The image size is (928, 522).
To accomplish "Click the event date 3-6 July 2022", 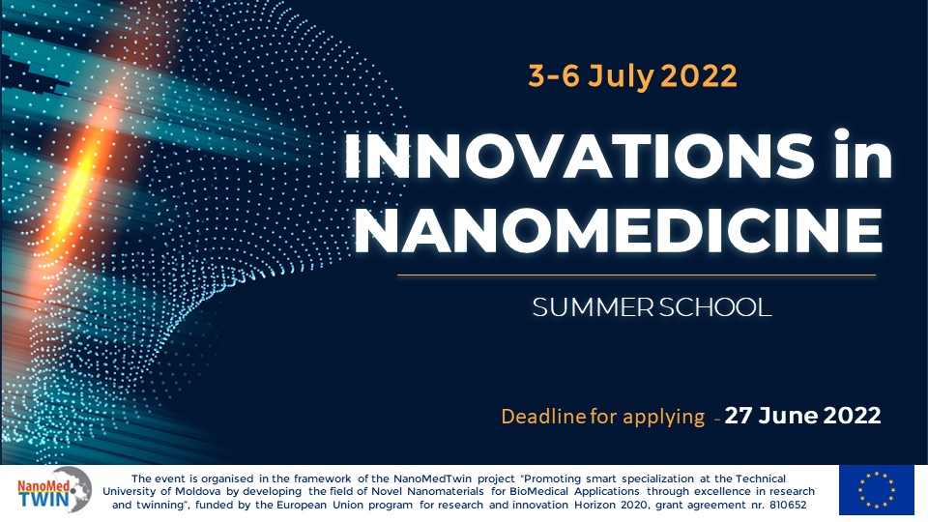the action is click(x=632, y=75).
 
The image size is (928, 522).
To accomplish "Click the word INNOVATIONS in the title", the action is click(x=578, y=156).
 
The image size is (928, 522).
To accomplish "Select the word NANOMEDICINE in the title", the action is click(x=619, y=229).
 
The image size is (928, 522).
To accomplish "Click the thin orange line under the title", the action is click(x=636, y=275).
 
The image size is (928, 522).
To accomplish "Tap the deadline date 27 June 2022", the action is click(x=802, y=415).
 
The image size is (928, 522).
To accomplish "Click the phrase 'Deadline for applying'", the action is click(x=602, y=417).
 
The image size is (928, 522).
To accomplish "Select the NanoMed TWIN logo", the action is click(x=54, y=490).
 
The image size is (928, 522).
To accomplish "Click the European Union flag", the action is click(x=876, y=489).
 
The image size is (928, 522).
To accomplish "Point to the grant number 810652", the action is click(x=788, y=505).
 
